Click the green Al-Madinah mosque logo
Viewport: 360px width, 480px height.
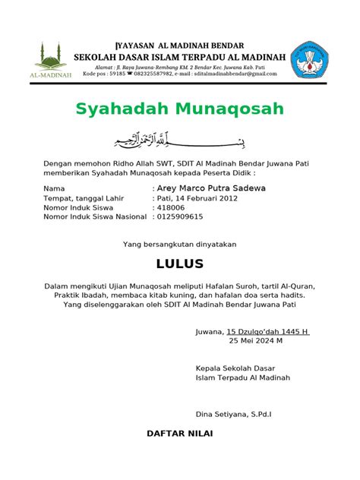click(x=49, y=60)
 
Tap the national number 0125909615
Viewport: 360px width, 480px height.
click(x=180, y=216)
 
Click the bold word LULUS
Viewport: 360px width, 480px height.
click(x=179, y=264)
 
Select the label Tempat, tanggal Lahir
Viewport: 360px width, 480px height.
click(x=84, y=198)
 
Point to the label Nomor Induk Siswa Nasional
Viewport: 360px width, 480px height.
click(x=95, y=216)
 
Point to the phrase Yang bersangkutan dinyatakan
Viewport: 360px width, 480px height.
click(x=180, y=244)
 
